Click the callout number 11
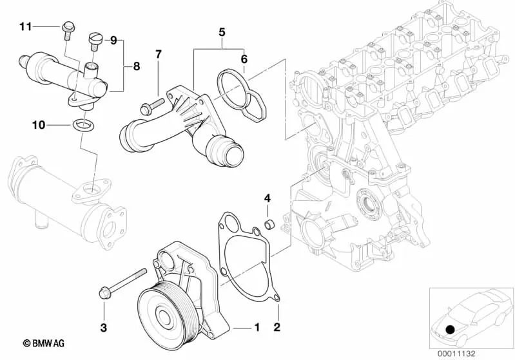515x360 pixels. (26, 26)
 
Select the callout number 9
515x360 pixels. (113, 41)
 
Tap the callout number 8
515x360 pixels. (136, 66)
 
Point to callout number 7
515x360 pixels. (159, 55)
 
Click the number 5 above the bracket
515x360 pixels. (222, 32)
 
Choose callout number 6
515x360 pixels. (244, 59)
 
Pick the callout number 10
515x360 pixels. (39, 125)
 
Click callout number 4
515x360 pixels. (267, 198)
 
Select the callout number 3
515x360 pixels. (104, 327)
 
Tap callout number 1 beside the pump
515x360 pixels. (257, 327)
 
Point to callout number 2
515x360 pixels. (277, 327)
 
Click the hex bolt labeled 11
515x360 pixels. (68, 31)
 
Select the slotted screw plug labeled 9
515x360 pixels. (94, 42)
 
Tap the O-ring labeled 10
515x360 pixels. (83, 125)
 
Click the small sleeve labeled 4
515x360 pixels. (270, 225)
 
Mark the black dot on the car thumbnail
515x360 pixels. (451, 329)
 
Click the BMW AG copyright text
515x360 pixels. (44, 343)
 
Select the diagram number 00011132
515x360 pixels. (456, 354)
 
